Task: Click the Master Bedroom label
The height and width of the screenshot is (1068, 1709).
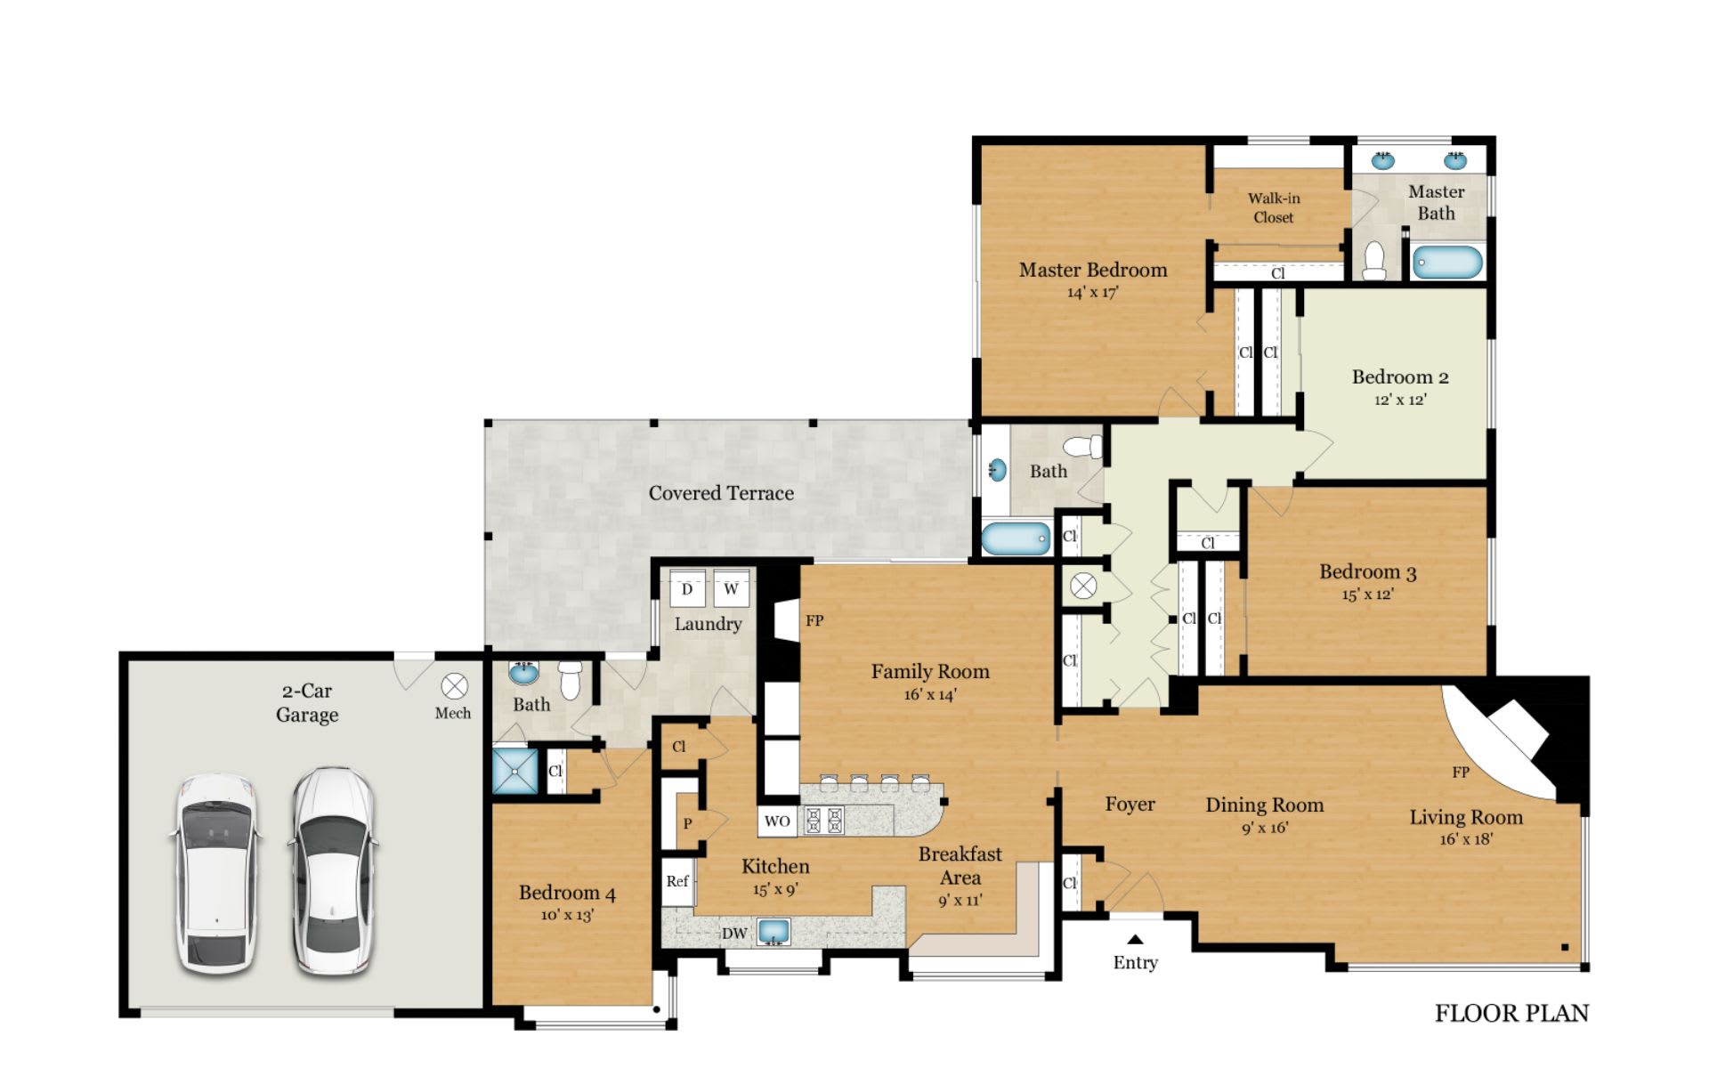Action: coord(1093,270)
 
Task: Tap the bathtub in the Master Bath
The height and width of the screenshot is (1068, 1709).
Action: coord(1447,263)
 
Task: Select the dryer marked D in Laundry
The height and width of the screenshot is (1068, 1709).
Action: coord(687,589)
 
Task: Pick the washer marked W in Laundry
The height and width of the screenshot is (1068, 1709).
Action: coord(731,589)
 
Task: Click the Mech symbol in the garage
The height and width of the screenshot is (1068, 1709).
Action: coord(455,686)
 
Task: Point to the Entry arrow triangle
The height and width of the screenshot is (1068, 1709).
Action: coord(1135,939)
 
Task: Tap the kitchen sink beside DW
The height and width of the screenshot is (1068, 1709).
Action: coord(774,932)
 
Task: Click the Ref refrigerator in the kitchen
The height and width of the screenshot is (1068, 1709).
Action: coord(678,881)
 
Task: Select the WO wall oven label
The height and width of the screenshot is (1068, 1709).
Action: coord(777,821)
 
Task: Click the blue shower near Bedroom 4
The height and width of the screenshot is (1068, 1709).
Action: coord(515,770)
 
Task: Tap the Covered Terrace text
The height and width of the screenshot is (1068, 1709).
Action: coord(721,493)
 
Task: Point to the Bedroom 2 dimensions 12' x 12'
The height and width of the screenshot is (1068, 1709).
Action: coord(1400,400)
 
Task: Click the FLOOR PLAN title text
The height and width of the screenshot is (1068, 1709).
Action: coord(1511,1013)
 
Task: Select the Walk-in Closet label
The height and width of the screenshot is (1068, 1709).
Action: coord(1274,207)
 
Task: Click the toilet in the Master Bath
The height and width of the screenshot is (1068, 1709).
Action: coord(1375,260)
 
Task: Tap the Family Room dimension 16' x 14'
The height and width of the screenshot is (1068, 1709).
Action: coord(930,695)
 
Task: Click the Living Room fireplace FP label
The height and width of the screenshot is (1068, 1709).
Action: coord(1461,773)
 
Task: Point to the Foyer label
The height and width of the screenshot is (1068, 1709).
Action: coord(1130,805)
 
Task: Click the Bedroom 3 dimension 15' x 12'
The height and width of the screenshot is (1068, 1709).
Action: coord(1368,595)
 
